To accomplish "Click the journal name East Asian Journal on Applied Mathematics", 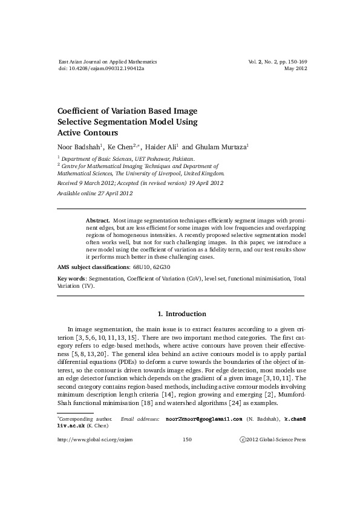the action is pyautogui.click(x=107, y=62).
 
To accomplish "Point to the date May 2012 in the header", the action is pyautogui.click(x=295, y=69).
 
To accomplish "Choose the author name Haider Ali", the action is pyautogui.click(x=157, y=146).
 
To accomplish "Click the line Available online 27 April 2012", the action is pyautogui.click(x=95, y=193).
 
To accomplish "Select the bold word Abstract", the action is pyautogui.click(x=97, y=222).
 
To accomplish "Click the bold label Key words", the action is pyautogui.click(x=71, y=279).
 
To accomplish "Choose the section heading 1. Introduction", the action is pyautogui.click(x=182, y=314).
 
